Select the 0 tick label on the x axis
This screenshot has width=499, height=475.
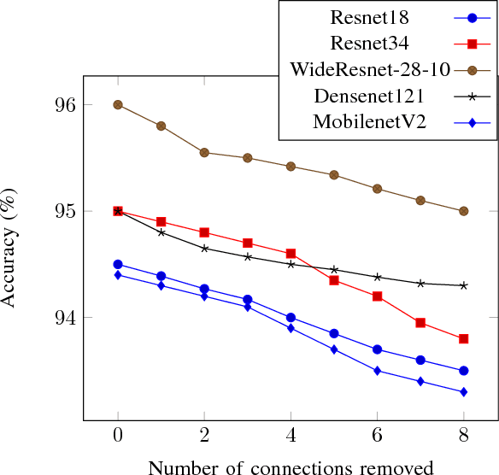[x=118, y=436]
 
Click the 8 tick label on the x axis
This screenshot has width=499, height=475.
[x=463, y=436]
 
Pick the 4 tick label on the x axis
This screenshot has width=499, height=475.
[x=291, y=436]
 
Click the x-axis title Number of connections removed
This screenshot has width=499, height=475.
[x=291, y=466]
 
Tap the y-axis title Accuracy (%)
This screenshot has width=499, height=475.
[x=10, y=248]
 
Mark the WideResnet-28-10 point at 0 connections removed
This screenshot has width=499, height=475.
[x=118, y=105]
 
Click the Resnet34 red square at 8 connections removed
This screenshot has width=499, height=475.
[x=463, y=339]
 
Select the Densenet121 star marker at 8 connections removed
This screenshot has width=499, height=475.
[x=463, y=285]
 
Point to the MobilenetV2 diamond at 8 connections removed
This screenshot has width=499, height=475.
[x=463, y=392]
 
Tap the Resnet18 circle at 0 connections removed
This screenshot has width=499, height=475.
[x=118, y=265]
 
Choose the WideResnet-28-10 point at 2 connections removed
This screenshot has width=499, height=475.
[x=204, y=153]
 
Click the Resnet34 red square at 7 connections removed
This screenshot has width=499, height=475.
[x=420, y=323]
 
